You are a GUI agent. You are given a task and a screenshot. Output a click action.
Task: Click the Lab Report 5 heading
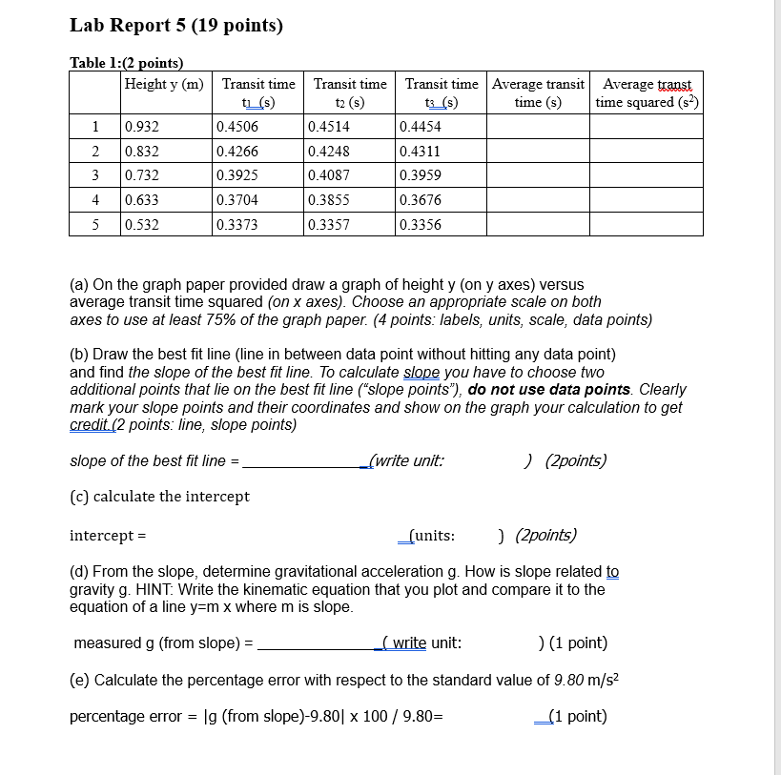176,26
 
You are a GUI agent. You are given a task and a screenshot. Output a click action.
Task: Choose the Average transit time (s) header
538,93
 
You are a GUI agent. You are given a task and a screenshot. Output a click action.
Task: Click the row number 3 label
95,175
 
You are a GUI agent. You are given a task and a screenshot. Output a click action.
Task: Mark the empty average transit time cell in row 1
538,127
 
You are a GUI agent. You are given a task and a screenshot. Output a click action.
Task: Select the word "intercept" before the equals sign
101,535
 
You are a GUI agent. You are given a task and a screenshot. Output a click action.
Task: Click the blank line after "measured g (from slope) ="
319,643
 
